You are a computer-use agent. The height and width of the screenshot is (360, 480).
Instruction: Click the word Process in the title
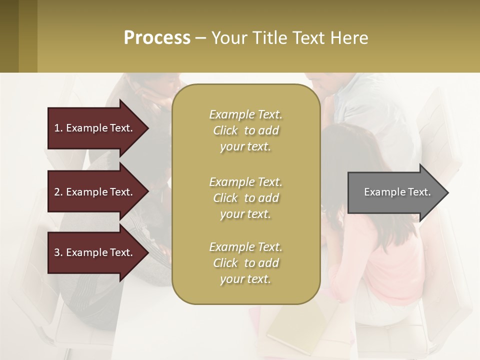(x=157, y=37)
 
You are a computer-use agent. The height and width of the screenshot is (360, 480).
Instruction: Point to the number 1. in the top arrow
(x=58, y=128)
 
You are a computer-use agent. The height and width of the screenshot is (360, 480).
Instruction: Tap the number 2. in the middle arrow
(x=58, y=192)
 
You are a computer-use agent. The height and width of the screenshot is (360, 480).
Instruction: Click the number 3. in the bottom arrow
(x=58, y=252)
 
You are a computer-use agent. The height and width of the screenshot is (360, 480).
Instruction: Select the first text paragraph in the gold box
(x=245, y=130)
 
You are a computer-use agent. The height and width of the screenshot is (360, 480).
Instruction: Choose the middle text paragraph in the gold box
(x=245, y=198)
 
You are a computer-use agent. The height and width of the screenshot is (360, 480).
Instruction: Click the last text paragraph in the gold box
(x=245, y=263)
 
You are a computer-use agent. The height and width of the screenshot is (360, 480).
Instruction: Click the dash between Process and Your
(x=200, y=38)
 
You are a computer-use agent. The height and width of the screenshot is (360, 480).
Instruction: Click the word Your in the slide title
(x=227, y=37)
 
